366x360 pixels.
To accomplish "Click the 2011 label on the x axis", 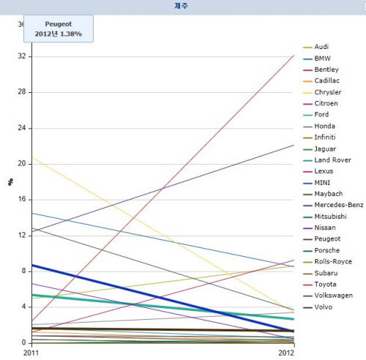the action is click(x=31, y=353).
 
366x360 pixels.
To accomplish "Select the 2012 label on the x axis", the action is click(x=286, y=353).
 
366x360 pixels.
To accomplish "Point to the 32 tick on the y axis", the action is click(x=22, y=56).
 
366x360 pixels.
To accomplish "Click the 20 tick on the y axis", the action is click(x=22, y=163).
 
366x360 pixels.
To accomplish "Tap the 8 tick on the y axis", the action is click(x=23, y=271).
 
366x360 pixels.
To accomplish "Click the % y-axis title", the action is click(x=10, y=182).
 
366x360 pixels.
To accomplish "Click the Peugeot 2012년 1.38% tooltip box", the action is click(x=59, y=29).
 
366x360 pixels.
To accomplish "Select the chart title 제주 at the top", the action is click(x=181, y=6).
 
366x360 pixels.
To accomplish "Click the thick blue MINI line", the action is click(x=163, y=298).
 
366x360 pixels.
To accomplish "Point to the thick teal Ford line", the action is click(x=163, y=307).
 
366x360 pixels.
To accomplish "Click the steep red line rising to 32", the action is click(x=163, y=188).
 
